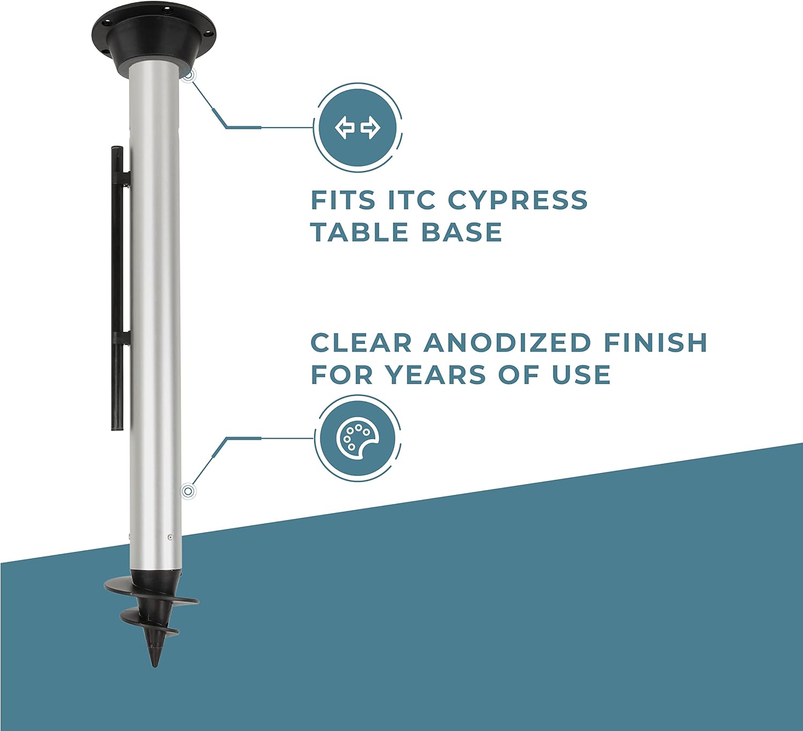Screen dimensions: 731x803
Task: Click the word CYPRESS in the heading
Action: (x=518, y=200)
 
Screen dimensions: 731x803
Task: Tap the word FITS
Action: (x=343, y=200)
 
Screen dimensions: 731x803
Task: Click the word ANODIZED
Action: (x=507, y=343)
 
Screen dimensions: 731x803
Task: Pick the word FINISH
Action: (x=656, y=343)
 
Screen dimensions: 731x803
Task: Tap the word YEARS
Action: (x=437, y=375)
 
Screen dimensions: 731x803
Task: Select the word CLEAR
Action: (x=361, y=343)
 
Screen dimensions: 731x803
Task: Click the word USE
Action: (x=581, y=375)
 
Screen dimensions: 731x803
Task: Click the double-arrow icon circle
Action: (x=358, y=128)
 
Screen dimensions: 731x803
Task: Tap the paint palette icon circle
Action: (x=358, y=438)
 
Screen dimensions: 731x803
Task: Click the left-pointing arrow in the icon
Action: (x=345, y=128)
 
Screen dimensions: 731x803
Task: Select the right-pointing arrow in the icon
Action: (x=370, y=128)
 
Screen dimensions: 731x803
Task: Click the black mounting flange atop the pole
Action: (x=154, y=32)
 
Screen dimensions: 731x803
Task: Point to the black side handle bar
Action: (x=117, y=289)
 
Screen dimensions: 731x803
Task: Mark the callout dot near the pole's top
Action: (x=187, y=76)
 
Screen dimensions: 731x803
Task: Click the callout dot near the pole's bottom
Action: (x=187, y=491)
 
